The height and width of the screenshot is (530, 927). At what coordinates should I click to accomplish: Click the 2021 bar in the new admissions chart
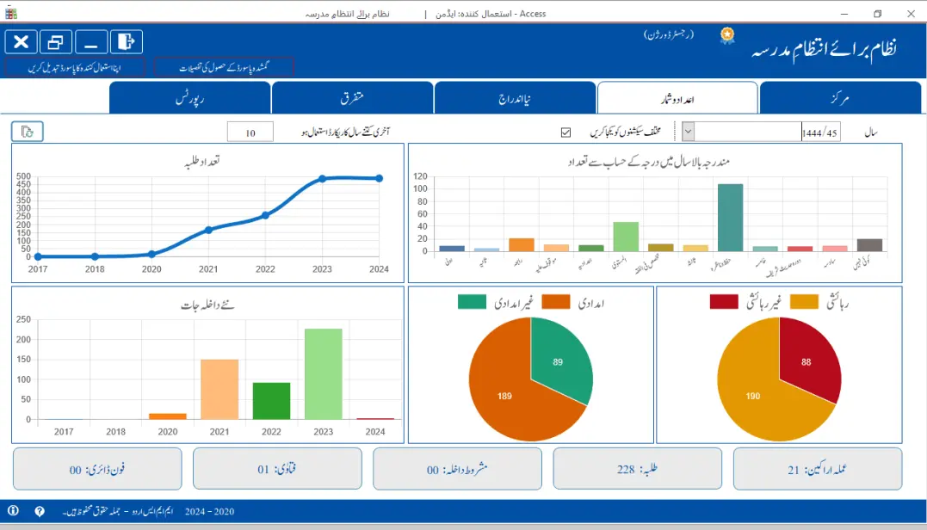tap(219, 389)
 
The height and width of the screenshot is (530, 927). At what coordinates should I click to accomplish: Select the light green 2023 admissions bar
tap(323, 373)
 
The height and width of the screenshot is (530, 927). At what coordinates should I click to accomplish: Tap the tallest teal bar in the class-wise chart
tap(730, 218)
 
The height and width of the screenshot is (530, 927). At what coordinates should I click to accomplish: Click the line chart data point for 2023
tap(322, 179)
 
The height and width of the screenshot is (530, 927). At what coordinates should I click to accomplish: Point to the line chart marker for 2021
tap(208, 230)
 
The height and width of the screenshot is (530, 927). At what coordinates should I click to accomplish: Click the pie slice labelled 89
tap(559, 361)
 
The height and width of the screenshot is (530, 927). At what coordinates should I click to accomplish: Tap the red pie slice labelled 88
tap(807, 361)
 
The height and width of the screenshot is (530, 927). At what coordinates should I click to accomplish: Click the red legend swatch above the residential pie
tap(724, 301)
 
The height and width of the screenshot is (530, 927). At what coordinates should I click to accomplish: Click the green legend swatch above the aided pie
tap(472, 301)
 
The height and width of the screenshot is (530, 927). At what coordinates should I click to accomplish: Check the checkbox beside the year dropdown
tap(565, 132)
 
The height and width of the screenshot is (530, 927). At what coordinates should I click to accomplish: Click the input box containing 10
tap(250, 132)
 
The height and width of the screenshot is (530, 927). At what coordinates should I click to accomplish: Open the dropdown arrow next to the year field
tap(689, 132)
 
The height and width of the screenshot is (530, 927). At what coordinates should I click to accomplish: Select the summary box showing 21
tap(817, 469)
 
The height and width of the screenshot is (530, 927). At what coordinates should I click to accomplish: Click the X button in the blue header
tap(21, 41)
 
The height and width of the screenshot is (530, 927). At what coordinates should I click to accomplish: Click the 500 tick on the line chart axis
tap(23, 177)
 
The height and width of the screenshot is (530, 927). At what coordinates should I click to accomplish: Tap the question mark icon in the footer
tap(40, 511)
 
